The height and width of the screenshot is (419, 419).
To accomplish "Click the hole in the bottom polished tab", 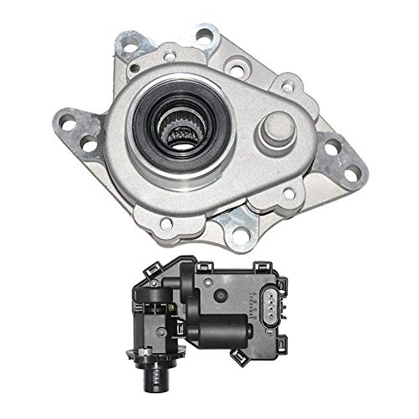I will [x=239, y=232].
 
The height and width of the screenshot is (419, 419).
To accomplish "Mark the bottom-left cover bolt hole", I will [x=166, y=223].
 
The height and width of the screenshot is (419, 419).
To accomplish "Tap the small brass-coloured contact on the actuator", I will [x=171, y=307].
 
